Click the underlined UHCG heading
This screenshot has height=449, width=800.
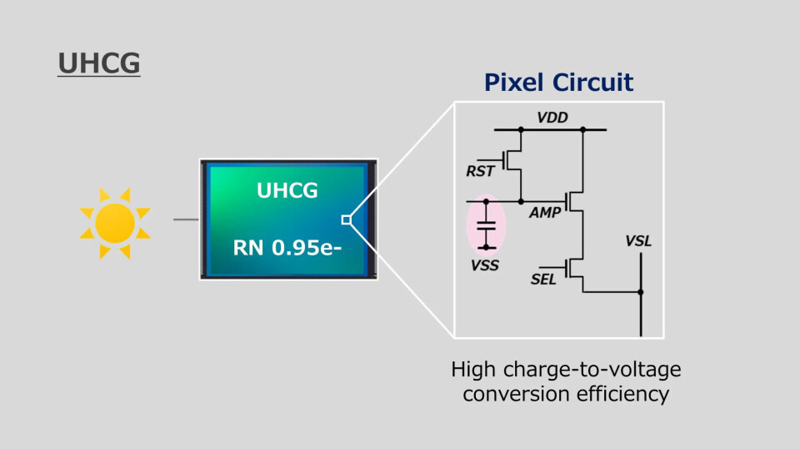[98, 63]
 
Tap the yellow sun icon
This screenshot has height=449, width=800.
[114, 222]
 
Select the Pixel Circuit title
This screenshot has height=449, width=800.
[559, 83]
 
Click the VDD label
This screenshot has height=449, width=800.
[552, 118]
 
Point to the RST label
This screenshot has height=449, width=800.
[480, 171]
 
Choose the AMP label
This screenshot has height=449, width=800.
[545, 214]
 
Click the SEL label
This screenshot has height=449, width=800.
[543, 279]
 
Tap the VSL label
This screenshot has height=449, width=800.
[638, 241]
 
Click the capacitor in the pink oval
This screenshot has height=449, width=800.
[485, 224]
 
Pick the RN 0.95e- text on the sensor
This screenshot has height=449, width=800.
[287, 249]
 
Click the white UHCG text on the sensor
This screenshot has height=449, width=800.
[287, 190]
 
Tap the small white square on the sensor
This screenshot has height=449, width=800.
[346, 220]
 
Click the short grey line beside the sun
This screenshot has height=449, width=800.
[186, 220]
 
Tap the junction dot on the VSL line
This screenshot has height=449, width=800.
[641, 292]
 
